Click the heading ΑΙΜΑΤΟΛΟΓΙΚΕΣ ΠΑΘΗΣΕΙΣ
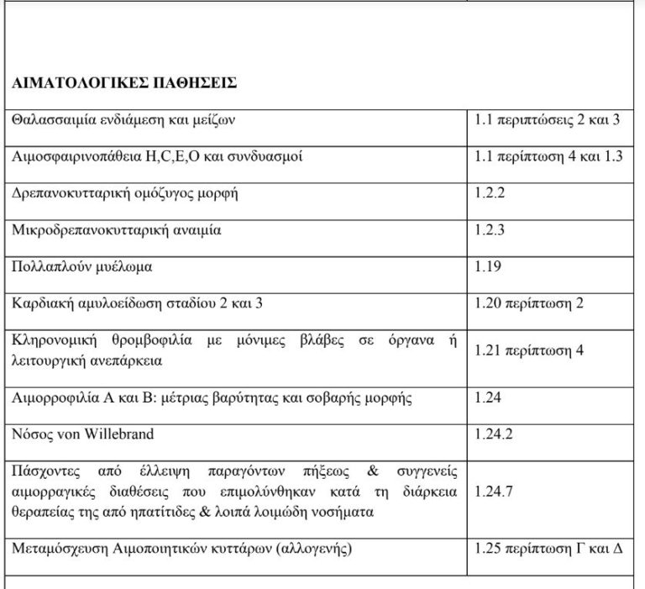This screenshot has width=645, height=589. (123, 83)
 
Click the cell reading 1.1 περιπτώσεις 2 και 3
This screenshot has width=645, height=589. (547, 120)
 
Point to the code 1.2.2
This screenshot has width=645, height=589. (490, 194)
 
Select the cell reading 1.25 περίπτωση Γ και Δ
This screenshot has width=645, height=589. (548, 552)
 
